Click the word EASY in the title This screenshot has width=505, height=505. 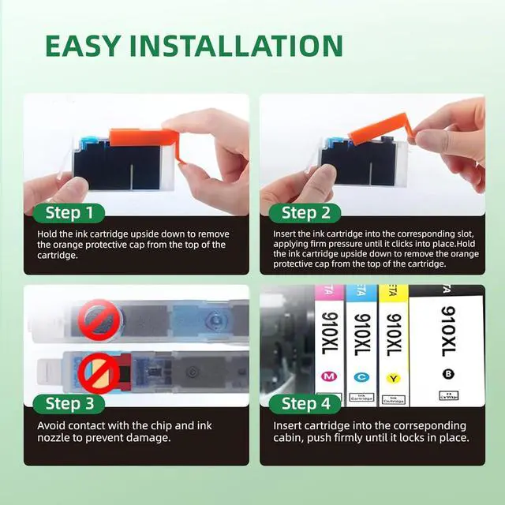(x=83, y=46)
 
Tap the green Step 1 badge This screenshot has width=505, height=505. (x=69, y=213)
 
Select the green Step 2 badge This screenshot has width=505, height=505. (x=305, y=213)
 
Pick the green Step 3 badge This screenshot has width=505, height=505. (x=69, y=403)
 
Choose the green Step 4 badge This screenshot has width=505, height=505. (x=305, y=403)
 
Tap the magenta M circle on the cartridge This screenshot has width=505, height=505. (x=329, y=376)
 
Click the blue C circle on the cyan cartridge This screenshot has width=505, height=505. (x=361, y=377)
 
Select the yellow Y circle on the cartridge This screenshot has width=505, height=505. (x=393, y=378)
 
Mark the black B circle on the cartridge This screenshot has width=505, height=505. (x=448, y=374)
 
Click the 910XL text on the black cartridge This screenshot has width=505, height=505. (x=448, y=331)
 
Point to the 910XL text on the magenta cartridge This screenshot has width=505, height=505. (x=330, y=333)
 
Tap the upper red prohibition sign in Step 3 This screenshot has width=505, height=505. (x=100, y=320)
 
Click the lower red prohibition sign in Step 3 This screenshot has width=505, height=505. (x=99, y=373)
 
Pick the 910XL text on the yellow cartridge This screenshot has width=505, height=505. (x=394, y=335)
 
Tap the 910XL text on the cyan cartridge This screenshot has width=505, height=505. (x=362, y=335)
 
